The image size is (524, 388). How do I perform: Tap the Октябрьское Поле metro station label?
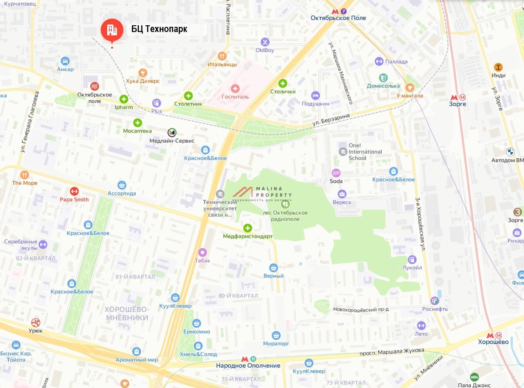(x=338, y=18)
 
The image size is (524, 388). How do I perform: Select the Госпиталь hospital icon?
(x=235, y=89)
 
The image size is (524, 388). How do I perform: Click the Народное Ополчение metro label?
(x=248, y=365)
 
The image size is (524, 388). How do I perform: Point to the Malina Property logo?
(x=262, y=194)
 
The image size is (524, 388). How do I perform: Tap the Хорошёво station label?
(x=493, y=342)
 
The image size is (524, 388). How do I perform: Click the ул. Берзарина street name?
(x=331, y=120)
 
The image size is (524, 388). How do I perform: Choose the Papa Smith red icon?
(x=74, y=191)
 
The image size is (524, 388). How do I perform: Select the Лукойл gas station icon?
(x=412, y=259)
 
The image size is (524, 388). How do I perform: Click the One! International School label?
(x=365, y=152)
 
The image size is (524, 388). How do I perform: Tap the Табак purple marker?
(x=202, y=252)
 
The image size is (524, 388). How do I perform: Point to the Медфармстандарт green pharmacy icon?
(x=248, y=228)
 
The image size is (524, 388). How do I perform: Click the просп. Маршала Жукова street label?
(x=392, y=352)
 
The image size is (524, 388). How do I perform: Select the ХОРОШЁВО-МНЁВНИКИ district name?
(x=127, y=314)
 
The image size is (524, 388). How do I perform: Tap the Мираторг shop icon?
(x=276, y=336)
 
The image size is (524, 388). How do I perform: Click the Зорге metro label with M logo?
(x=458, y=104)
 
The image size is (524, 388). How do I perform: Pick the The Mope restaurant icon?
(x=25, y=175)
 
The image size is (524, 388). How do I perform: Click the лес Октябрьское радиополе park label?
(x=285, y=216)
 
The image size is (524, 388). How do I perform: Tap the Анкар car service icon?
(x=65, y=61)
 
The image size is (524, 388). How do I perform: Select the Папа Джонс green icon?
(x=474, y=377)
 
